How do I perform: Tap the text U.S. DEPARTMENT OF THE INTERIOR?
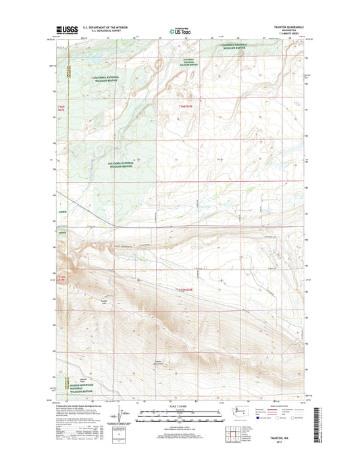coord(105,27)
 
